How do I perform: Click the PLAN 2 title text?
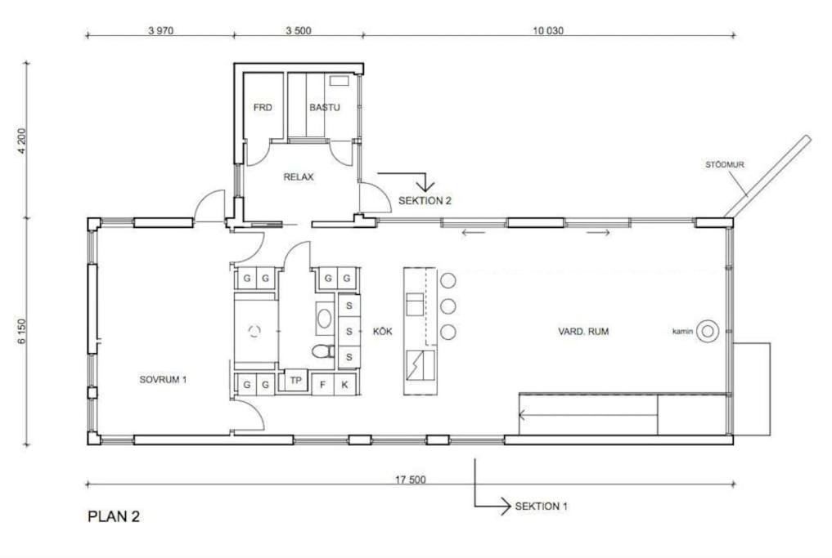tap(114, 516)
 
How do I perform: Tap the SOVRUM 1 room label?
tap(163, 379)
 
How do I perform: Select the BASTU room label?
tap(325, 108)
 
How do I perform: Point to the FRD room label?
tap(263, 108)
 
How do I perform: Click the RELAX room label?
tap(299, 177)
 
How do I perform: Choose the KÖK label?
tap(383, 331)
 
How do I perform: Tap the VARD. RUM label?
tap(583, 331)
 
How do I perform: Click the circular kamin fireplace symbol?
tap(708, 332)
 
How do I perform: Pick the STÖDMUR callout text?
tap(724, 165)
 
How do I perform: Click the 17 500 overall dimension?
tap(410, 480)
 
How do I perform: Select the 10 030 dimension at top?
tap(548, 31)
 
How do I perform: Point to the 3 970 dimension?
tap(161, 31)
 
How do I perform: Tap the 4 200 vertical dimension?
tap(22, 141)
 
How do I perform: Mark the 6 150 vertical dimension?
tap(22, 331)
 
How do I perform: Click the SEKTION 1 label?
tap(541, 506)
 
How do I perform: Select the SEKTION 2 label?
tap(425, 201)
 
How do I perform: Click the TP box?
tap(295, 381)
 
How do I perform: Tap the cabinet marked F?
tap(322, 385)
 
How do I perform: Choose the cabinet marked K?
tap(345, 385)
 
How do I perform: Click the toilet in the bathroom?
tap(322, 350)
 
